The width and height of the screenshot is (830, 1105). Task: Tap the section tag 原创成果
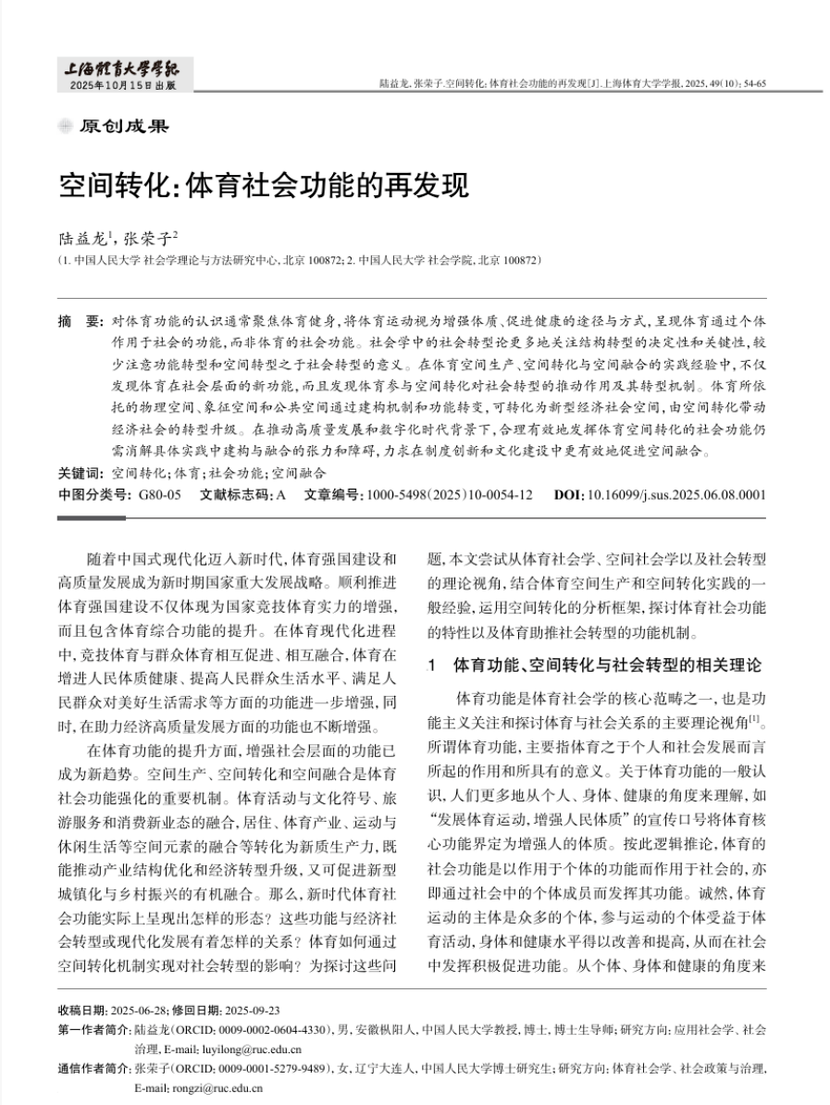coord(124,127)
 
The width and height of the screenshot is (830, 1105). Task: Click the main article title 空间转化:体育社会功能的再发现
coord(264,186)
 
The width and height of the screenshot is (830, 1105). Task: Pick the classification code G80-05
coord(159,494)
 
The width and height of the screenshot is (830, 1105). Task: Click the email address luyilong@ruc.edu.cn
coord(230,1049)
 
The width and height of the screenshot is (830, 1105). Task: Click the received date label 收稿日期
coord(81,1009)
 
